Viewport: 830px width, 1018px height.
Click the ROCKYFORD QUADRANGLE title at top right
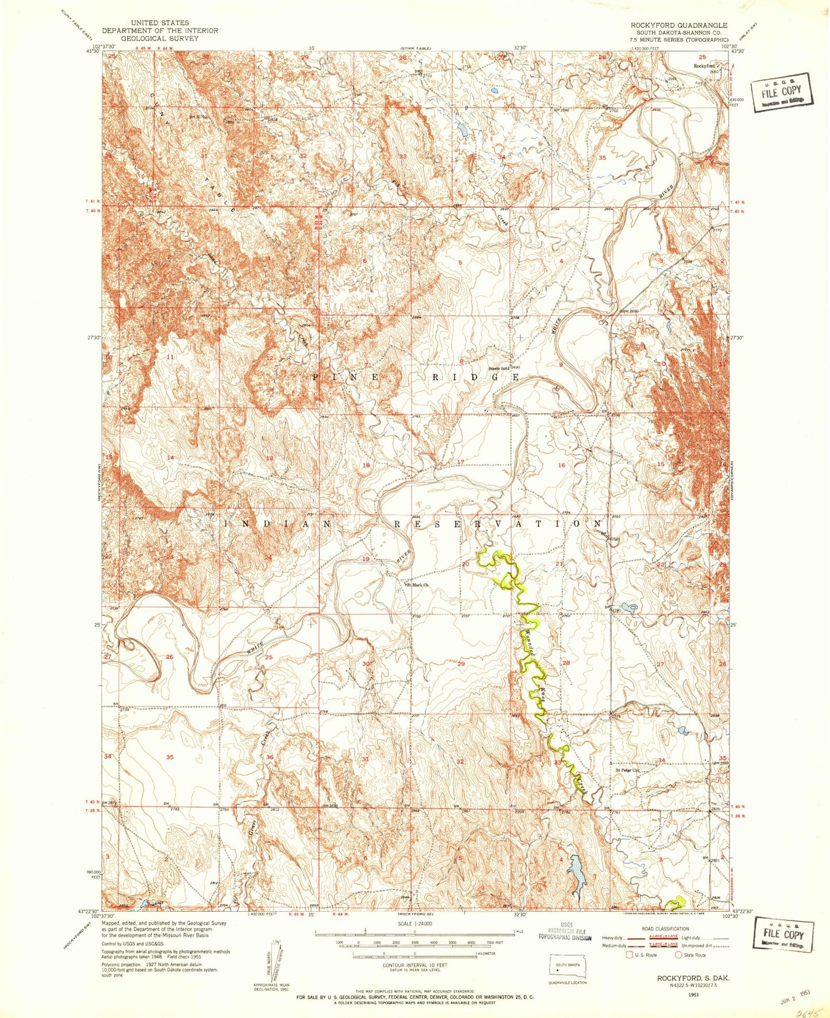pyautogui.click(x=670, y=25)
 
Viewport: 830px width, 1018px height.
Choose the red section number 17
pyautogui.click(x=460, y=462)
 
